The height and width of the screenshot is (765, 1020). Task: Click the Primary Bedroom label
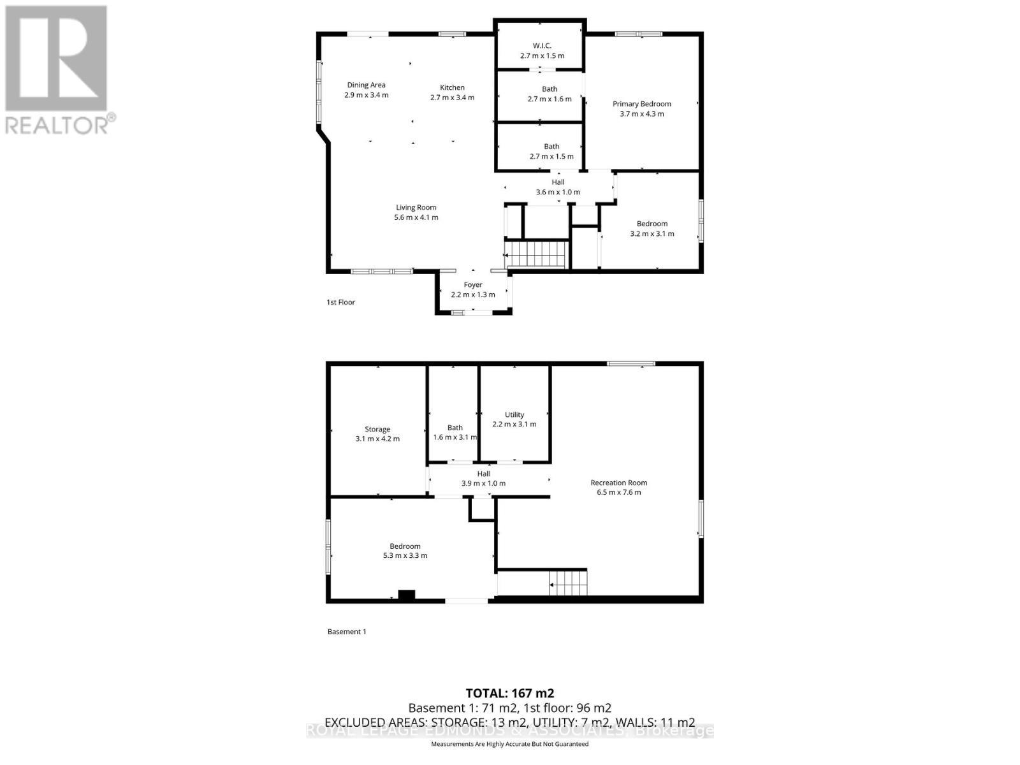click(641, 104)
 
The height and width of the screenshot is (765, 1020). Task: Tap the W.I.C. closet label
click(542, 46)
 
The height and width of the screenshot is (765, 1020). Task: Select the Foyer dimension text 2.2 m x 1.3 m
click(473, 295)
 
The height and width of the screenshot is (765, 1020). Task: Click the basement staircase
click(568, 583)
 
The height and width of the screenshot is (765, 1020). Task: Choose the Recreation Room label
click(618, 483)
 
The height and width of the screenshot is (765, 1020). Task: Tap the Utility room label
click(514, 414)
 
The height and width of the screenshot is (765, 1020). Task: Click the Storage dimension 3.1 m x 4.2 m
click(377, 439)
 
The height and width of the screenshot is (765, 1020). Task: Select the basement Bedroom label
click(405, 546)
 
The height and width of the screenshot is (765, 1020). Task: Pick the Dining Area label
click(366, 85)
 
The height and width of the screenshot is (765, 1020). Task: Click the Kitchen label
click(452, 87)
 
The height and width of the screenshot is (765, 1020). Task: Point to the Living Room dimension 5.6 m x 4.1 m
click(416, 217)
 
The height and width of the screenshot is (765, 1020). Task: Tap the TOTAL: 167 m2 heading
click(509, 693)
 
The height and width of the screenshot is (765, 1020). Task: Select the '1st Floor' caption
click(340, 302)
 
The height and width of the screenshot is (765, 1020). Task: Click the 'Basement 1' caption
click(347, 632)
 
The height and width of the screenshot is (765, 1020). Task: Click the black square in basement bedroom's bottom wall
click(406, 595)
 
